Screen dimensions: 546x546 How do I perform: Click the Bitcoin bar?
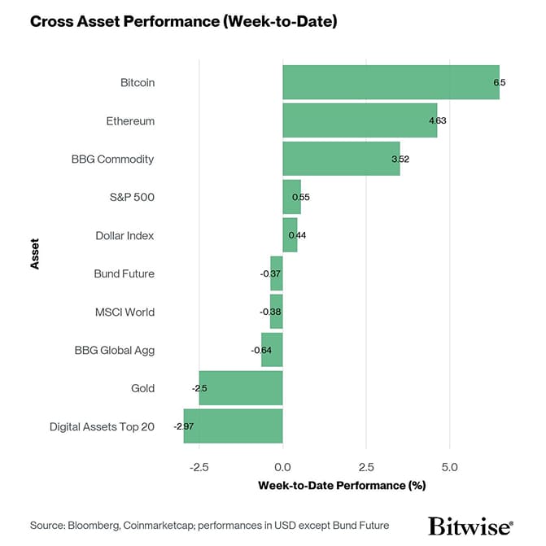[391, 82]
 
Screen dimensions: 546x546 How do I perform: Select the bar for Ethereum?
[360, 120]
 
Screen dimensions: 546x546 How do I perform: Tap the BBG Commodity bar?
[341, 159]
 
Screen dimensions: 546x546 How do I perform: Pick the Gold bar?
[241, 388]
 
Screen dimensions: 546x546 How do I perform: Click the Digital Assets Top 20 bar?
[233, 426]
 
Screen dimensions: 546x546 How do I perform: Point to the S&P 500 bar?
[291, 197]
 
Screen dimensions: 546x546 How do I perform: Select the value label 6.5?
[500, 83]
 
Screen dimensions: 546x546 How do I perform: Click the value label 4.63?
[438, 121]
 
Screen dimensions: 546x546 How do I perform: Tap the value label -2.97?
[183, 426]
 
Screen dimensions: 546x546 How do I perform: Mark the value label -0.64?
[262, 351]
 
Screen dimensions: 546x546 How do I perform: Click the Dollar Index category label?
[124, 235]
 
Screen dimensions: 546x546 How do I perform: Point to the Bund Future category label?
[124, 273]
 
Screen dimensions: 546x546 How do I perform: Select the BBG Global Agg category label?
[114, 350]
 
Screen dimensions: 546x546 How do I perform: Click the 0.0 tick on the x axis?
[282, 467]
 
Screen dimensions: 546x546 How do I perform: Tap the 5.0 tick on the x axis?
[449, 467]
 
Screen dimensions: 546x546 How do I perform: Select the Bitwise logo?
[470, 525]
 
